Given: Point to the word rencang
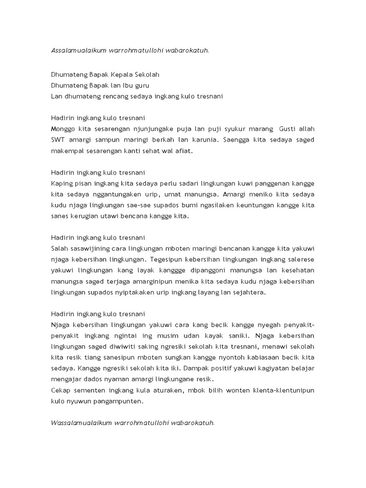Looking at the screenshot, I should coord(112,96).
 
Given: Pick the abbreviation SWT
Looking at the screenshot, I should coord(58,140).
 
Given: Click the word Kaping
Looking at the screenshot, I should coord(61,183).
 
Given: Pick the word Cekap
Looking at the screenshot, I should coord(61,390).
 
